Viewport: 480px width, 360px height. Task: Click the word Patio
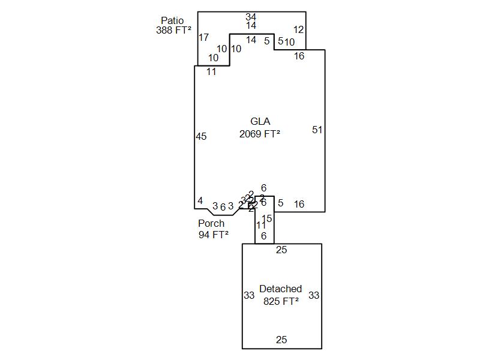(172, 21)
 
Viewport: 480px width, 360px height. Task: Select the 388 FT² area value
(173, 31)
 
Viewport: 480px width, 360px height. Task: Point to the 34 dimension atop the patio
(251, 17)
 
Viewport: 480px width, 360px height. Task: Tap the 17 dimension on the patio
(203, 38)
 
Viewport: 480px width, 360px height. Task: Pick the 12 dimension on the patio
(299, 29)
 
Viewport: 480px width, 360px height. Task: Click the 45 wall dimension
(201, 137)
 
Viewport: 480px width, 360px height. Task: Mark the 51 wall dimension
(317, 130)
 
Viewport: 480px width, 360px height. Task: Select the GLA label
(260, 122)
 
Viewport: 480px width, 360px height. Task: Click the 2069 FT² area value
(260, 134)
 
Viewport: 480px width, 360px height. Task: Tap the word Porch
(211, 224)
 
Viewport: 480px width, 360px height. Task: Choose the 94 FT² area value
(214, 235)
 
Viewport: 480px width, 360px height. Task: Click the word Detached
(280, 289)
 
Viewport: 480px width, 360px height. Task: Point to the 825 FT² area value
(281, 302)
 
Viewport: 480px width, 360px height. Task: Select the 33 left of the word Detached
(249, 296)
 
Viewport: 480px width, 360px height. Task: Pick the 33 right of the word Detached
(314, 295)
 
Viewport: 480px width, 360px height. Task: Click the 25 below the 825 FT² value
(281, 340)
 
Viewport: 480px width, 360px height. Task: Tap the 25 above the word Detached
(281, 250)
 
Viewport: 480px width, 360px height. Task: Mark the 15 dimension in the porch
(267, 219)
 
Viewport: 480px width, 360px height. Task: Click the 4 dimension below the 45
(200, 201)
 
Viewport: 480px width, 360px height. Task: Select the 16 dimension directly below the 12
(299, 56)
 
